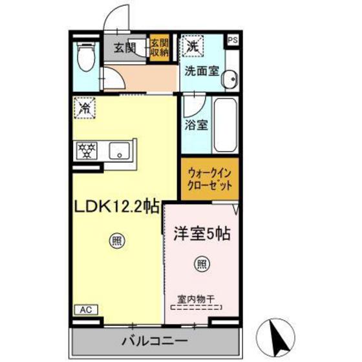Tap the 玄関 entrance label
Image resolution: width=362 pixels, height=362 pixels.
tap(125, 47)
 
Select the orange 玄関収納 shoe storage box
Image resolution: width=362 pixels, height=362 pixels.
tap(158, 48)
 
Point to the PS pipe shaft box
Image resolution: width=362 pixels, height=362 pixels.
tap(232, 39)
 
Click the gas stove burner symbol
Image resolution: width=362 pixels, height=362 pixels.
tap(86, 152)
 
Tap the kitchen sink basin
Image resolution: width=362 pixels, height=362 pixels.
tap(118, 152)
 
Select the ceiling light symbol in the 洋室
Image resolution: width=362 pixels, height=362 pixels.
tap(201, 263)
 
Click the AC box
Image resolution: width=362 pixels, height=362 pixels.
tap(85, 310)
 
